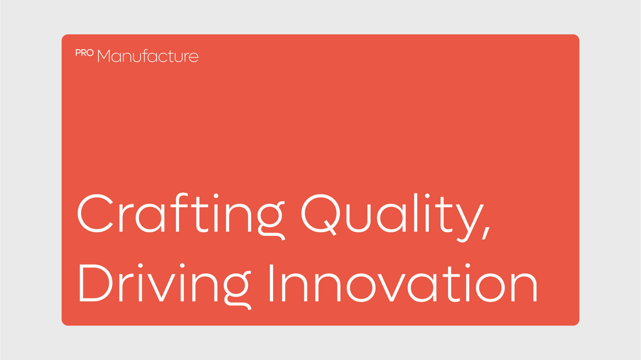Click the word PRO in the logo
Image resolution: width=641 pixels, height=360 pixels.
point(84,53)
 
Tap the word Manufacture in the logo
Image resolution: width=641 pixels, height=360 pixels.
point(148,56)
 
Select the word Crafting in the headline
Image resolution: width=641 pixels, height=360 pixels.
point(181,216)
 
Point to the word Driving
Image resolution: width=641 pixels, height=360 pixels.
point(165,287)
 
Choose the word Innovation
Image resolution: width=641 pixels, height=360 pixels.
point(403,283)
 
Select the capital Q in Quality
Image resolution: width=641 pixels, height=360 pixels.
point(320,215)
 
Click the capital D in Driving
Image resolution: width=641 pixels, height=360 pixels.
point(95,283)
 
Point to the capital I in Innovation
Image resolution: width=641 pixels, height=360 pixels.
point(271,283)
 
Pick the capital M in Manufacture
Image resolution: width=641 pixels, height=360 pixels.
point(104,56)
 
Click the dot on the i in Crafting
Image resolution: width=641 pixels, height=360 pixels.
point(216,196)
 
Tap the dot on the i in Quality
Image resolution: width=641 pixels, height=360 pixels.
point(427,196)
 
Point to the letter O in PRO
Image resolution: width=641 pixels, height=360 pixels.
point(90,53)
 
